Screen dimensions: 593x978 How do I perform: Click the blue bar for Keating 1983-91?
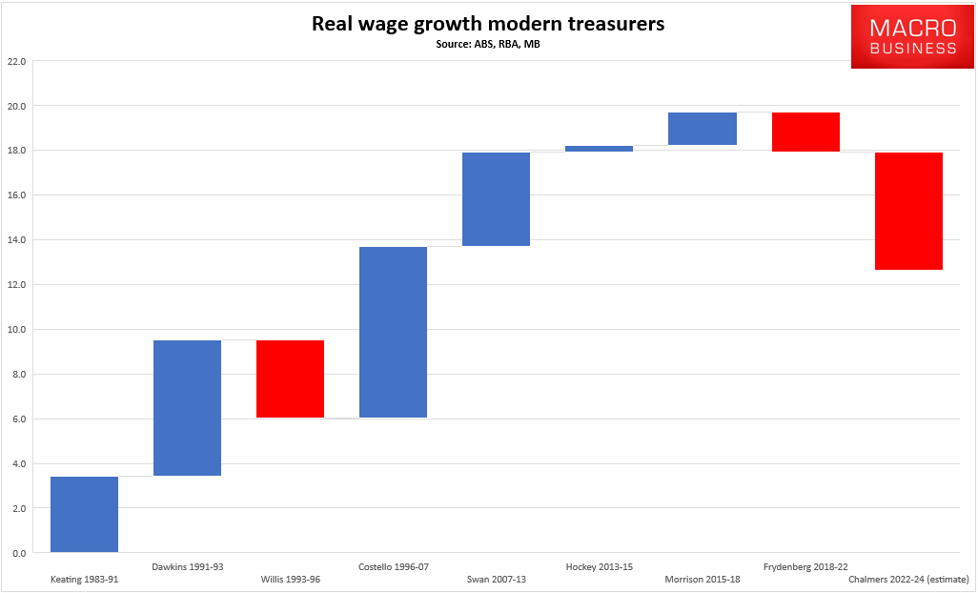(x=84, y=514)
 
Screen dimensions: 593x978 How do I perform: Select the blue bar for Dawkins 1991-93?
(x=187, y=408)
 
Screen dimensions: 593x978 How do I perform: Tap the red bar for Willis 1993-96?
(x=290, y=378)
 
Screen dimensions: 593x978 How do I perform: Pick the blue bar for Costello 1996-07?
(x=393, y=332)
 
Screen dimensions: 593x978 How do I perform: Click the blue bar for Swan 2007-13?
(x=496, y=199)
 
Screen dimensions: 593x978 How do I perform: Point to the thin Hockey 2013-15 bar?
(x=599, y=149)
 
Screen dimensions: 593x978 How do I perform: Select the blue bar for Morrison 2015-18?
(x=702, y=129)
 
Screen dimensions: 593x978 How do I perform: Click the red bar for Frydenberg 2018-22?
(x=805, y=132)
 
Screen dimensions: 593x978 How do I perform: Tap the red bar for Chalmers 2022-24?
(x=907, y=211)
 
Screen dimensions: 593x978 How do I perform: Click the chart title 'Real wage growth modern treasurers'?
(x=488, y=24)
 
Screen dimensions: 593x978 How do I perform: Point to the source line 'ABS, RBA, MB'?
(x=488, y=44)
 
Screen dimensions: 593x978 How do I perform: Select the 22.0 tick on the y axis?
(x=15, y=61)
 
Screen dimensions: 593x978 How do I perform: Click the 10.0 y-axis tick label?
(x=15, y=330)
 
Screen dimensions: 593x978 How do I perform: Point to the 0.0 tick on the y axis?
(x=17, y=553)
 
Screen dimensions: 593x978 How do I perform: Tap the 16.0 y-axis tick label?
(x=15, y=195)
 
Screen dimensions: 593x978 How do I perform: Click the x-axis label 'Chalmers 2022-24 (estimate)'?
(x=907, y=579)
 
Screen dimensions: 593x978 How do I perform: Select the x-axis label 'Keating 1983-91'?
(x=84, y=579)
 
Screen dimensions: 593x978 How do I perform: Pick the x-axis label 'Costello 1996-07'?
(x=393, y=566)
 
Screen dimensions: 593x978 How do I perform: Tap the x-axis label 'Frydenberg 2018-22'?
(x=805, y=566)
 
